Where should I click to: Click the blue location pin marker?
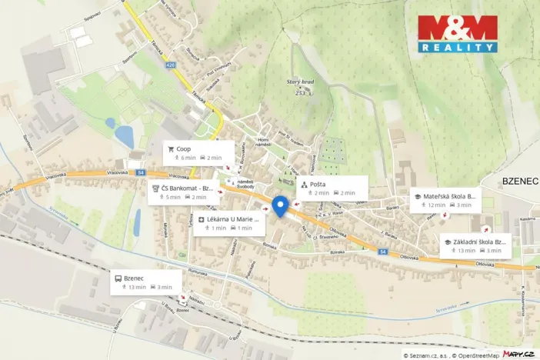280,206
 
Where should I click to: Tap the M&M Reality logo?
457,34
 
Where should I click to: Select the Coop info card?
198,152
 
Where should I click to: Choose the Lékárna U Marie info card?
229,223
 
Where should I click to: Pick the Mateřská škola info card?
445,200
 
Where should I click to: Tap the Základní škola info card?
475,245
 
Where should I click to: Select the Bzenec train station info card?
145,282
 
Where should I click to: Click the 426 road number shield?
170,65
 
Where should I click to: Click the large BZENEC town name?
520,181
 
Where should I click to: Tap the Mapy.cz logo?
518,354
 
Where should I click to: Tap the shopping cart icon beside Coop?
171,148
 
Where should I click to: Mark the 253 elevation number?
300,93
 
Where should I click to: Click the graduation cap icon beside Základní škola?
447,242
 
